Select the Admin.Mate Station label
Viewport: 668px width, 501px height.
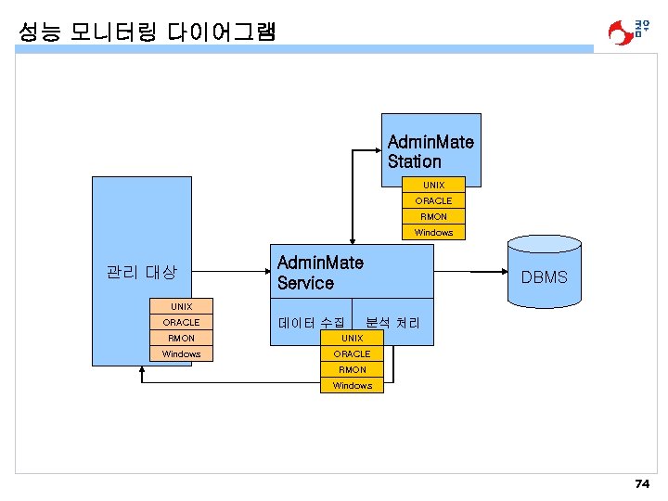click(x=430, y=151)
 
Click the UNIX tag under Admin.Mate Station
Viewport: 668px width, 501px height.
click(x=433, y=186)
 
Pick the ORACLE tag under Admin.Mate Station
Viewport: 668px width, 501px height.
click(x=433, y=200)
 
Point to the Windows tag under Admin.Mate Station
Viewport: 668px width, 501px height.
click(x=433, y=232)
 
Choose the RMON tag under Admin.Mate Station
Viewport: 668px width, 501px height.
click(x=433, y=216)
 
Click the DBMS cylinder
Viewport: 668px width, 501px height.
click(x=544, y=276)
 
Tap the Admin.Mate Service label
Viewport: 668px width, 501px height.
click(x=320, y=273)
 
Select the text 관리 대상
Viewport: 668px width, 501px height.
click(x=141, y=273)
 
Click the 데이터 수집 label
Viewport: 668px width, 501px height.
click(x=311, y=323)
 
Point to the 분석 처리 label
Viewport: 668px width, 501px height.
click(x=392, y=323)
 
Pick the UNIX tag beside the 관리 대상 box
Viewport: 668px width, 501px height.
click(x=181, y=306)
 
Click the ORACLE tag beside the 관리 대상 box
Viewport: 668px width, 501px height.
click(x=181, y=322)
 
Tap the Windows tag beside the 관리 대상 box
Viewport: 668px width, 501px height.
click(x=181, y=353)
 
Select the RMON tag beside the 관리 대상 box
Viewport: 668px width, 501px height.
click(x=181, y=338)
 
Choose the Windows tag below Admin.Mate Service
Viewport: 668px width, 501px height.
click(x=352, y=385)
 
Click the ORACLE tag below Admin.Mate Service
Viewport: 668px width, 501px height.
click(x=352, y=353)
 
